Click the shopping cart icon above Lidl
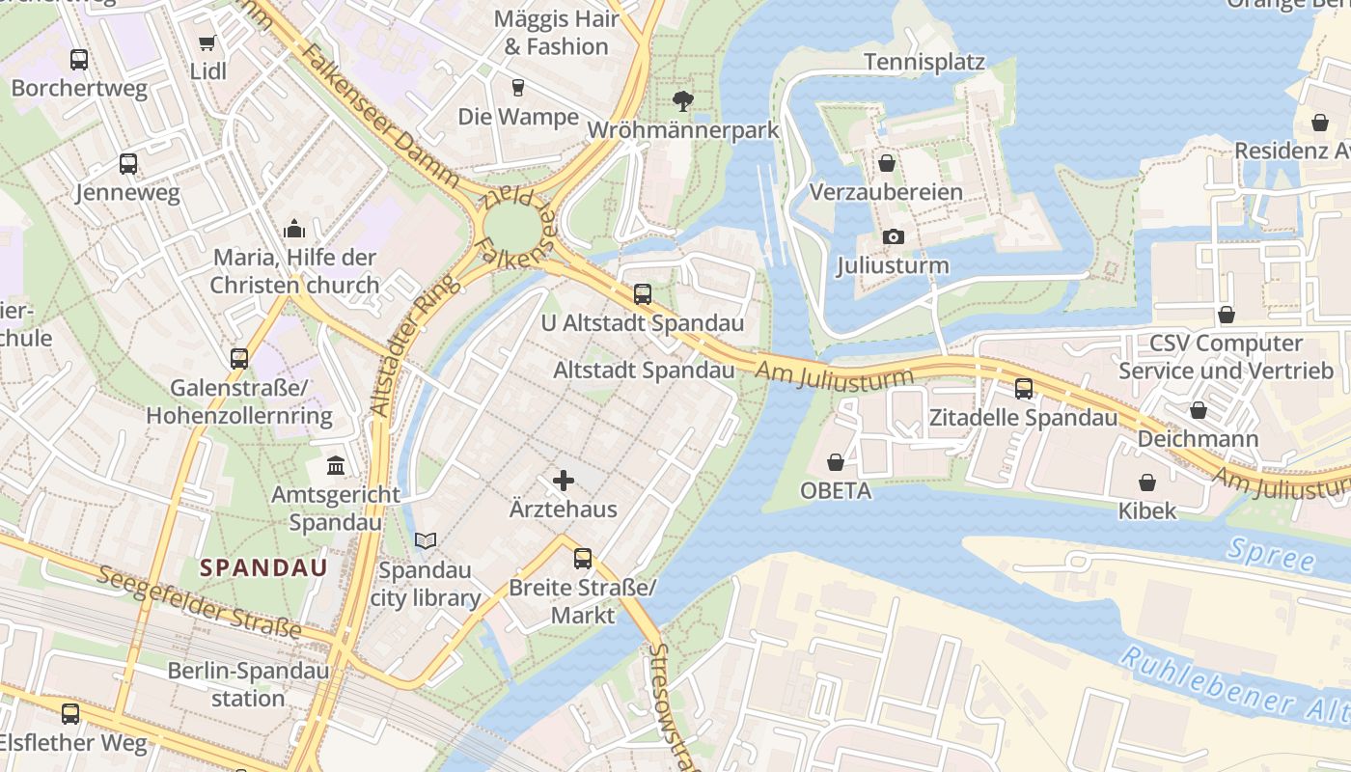(207, 42)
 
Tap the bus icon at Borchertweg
(79, 60)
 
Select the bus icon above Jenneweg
(128, 164)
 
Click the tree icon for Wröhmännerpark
(682, 100)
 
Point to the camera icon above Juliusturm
(894, 236)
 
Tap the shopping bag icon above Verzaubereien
(886, 163)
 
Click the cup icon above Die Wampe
(518, 88)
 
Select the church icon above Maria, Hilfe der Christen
(294, 229)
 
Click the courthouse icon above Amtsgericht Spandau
(336, 466)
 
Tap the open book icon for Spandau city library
(426, 541)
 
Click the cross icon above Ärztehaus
(564, 480)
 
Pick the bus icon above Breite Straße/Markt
(582, 558)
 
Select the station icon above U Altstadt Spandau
(643, 294)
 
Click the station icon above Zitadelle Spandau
(1023, 389)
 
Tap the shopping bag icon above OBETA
(836, 462)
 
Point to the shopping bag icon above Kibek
(1147, 482)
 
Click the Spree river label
(1272, 556)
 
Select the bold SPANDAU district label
(263, 567)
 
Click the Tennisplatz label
(924, 63)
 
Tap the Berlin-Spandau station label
(248, 684)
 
